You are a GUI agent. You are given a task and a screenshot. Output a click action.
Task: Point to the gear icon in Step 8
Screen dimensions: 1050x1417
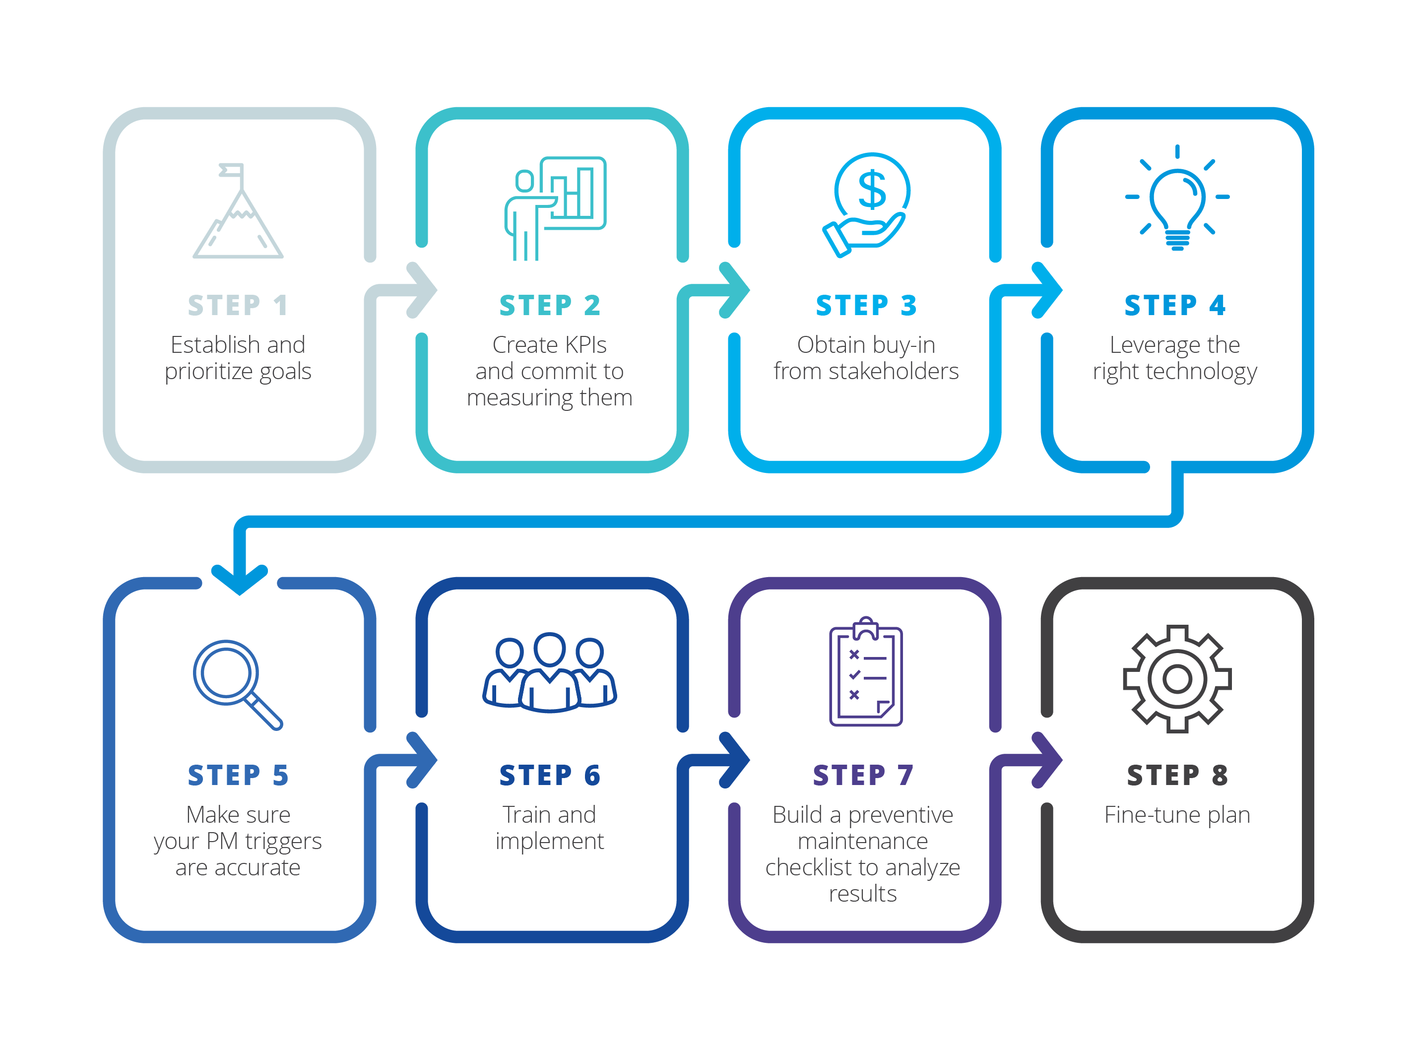click(1176, 678)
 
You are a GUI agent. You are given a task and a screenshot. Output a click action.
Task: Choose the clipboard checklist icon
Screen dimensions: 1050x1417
click(865, 673)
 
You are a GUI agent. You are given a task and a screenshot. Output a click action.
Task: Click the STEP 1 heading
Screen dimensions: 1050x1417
click(238, 306)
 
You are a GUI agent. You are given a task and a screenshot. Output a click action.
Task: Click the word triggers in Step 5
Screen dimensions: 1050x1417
click(283, 842)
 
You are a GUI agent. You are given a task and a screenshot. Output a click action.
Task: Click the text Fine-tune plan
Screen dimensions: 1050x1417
click(1176, 815)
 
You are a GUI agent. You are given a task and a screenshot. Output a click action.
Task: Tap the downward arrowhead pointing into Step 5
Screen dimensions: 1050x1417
click(239, 579)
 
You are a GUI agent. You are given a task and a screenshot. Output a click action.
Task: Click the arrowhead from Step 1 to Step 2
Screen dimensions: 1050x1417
click(423, 290)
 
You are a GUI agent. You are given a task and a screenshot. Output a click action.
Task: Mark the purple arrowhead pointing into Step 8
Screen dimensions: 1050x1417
click(1048, 760)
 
